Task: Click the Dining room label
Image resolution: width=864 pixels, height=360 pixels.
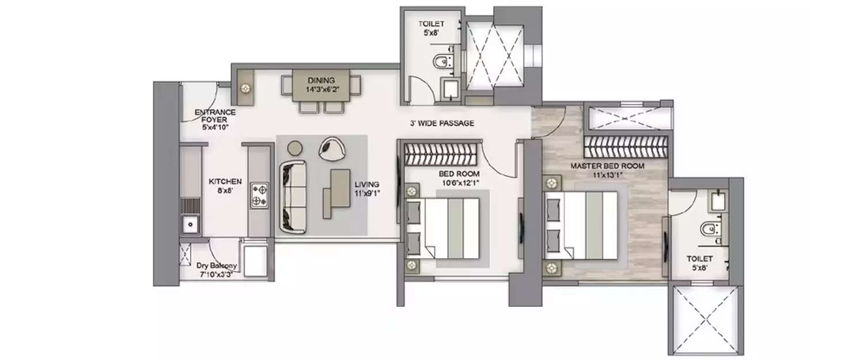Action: point(320,80)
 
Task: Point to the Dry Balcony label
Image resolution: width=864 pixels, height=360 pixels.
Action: point(216,266)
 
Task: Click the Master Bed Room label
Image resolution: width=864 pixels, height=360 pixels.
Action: point(607,166)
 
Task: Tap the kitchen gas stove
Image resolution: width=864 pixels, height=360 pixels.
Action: point(260,194)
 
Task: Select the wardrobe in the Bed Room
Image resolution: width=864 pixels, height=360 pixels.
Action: point(441,154)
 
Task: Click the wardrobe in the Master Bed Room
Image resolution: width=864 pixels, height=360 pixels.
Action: point(626,148)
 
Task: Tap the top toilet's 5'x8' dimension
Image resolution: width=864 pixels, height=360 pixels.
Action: point(431,33)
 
